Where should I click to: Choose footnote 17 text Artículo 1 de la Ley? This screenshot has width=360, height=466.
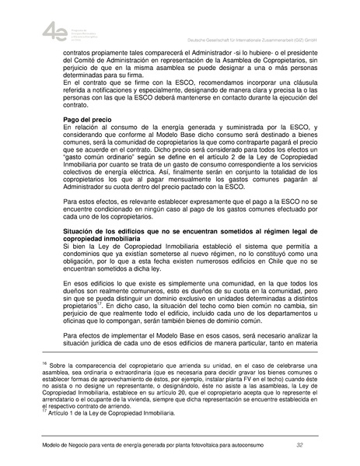(x=113, y=413)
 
